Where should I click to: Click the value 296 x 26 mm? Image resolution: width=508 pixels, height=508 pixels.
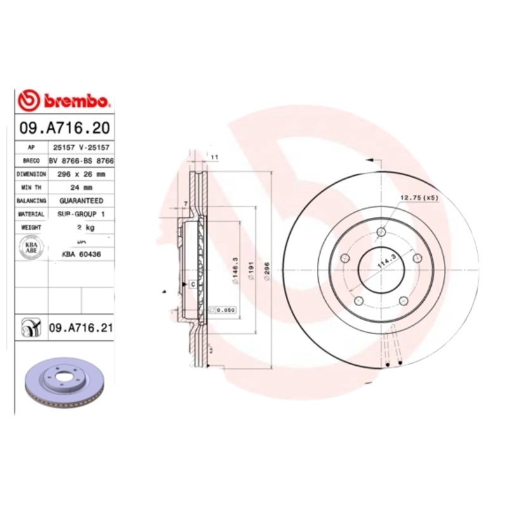click(x=81, y=173)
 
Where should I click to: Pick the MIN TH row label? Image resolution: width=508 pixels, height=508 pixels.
click(x=31, y=187)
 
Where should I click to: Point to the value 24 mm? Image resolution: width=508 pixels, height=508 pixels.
click(x=81, y=187)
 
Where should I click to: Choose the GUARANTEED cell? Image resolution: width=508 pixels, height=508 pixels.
click(x=81, y=201)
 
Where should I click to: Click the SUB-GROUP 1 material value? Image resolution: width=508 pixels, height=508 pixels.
click(x=81, y=214)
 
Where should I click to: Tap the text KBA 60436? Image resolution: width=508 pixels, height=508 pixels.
click(x=81, y=254)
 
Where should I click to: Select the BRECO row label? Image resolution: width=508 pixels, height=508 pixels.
click(x=31, y=160)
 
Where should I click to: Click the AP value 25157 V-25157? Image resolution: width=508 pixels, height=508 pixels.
click(x=81, y=147)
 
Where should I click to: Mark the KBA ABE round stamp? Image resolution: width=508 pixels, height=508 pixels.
click(x=30, y=247)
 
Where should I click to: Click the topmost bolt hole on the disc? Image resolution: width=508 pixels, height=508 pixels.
click(x=380, y=232)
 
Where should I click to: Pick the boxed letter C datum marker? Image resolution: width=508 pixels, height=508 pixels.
click(x=191, y=284)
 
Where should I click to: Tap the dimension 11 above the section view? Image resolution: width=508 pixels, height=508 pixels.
click(x=214, y=156)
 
